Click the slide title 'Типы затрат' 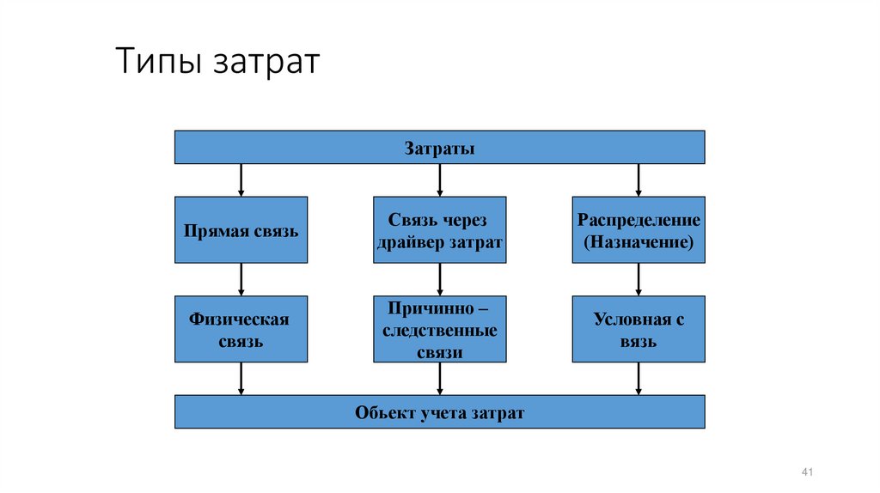[x=217, y=64]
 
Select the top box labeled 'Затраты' [x=440, y=147]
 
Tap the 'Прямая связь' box [x=241, y=230]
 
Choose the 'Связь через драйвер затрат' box [x=440, y=230]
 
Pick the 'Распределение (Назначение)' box [x=639, y=230]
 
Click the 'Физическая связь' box [x=241, y=329]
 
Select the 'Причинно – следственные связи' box [x=440, y=329]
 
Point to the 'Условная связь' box [x=639, y=329]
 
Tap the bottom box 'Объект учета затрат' [x=440, y=412]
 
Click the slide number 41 [x=806, y=473]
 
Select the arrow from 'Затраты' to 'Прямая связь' [x=241, y=180]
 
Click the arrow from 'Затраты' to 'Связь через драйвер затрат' [x=440, y=180]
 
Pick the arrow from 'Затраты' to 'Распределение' [x=639, y=180]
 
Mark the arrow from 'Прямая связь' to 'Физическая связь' [x=241, y=279]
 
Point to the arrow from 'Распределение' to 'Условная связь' [x=639, y=279]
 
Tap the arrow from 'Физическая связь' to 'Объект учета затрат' [x=241, y=378]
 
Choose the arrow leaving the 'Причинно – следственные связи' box [x=440, y=378]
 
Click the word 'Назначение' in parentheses [x=639, y=242]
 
